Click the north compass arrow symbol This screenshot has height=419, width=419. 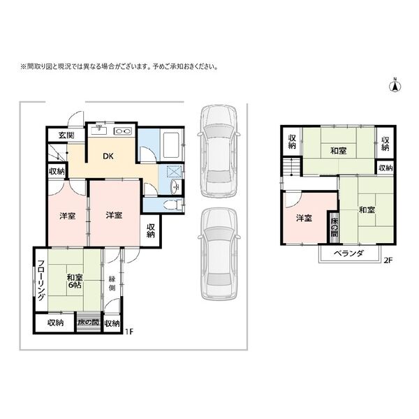(x=396, y=85)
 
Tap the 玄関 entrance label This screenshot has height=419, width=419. (x=66, y=135)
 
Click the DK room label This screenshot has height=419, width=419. (x=108, y=156)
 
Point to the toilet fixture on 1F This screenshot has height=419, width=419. (x=173, y=205)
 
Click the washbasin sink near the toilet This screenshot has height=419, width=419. (x=176, y=186)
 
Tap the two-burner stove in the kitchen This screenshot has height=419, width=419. (x=123, y=131)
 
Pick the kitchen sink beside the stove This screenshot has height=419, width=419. (x=98, y=131)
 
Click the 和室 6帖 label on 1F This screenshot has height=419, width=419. (x=75, y=281)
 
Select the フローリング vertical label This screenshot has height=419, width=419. (x=41, y=280)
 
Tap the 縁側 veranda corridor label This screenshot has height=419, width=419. (x=112, y=284)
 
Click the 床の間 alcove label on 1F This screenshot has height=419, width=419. (x=88, y=322)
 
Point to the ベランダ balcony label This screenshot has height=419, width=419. (x=348, y=253)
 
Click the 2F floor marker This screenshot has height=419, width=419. (x=388, y=260)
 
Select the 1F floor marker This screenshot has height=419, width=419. (x=128, y=332)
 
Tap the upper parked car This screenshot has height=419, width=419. (x=219, y=150)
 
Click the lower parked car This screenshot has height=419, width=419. (x=219, y=253)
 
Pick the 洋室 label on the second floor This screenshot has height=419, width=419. (x=304, y=218)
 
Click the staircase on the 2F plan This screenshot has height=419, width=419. (x=291, y=167)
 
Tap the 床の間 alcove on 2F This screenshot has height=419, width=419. (x=334, y=228)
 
